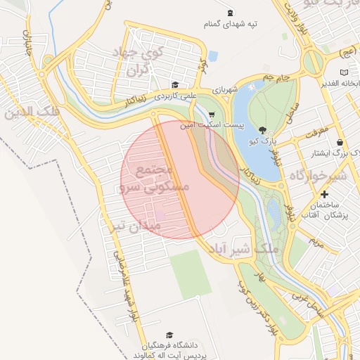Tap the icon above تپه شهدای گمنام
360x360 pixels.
230,13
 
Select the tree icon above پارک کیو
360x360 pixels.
262,130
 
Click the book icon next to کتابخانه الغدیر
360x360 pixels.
344,72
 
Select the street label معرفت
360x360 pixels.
316,131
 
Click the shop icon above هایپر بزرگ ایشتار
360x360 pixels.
340,141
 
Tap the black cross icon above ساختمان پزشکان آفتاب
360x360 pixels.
323,194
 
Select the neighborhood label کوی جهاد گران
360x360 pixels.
141,62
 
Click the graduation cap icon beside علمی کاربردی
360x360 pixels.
174,85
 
